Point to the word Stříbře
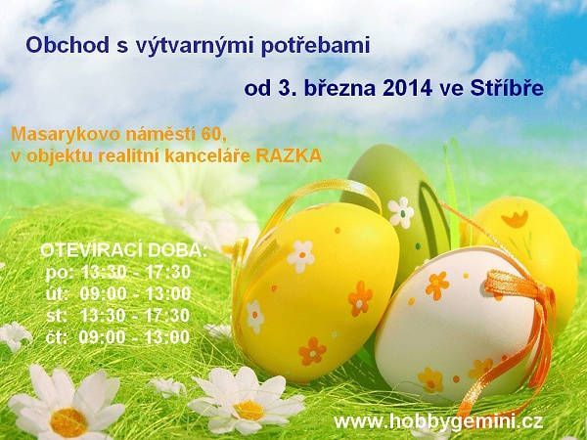[507, 88]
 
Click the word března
[339, 88]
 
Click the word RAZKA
[289, 156]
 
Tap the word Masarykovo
[66, 135]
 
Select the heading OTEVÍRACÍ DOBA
[123, 250]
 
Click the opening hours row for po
[118, 273]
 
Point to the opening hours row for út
[118, 294]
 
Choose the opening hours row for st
[118, 316]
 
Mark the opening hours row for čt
[118, 337]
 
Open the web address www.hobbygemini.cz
[438, 422]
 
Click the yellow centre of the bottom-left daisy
[68, 422]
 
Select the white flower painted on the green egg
[401, 212]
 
